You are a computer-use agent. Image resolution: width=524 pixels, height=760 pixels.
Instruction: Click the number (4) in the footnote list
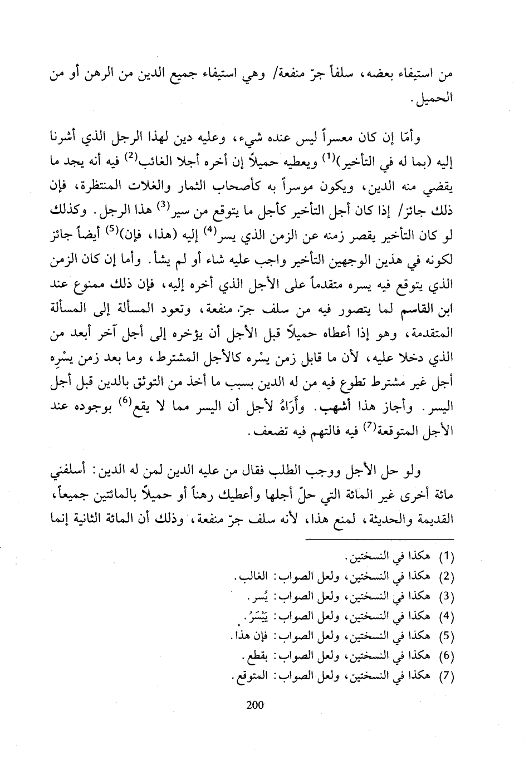448,615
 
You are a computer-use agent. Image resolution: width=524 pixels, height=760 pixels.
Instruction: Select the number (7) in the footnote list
448,676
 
